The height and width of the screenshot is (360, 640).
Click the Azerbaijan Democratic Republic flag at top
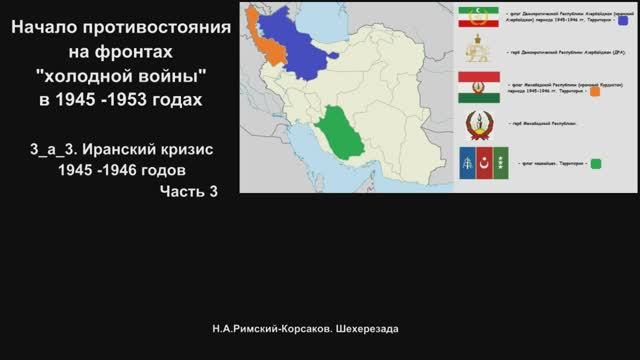[478, 19]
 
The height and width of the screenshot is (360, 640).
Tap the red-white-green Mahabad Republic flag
[478, 89]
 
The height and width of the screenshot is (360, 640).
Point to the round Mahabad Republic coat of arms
[478, 125]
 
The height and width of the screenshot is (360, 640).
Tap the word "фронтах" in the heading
[140, 52]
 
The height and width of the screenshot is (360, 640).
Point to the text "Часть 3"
[185, 191]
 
